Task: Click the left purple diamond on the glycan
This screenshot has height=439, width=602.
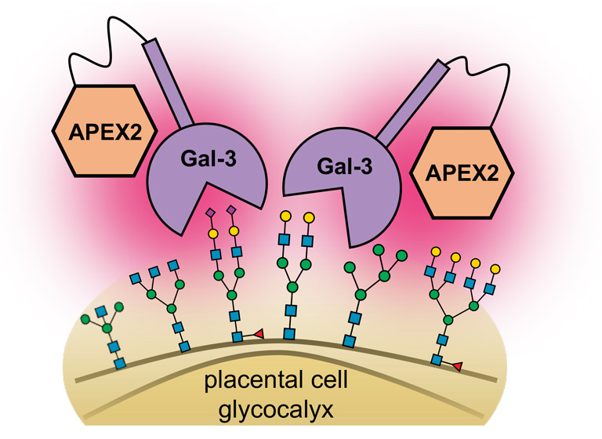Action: [210, 212]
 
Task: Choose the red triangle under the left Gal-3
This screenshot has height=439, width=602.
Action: [259, 335]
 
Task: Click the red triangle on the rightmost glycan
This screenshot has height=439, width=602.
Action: [459, 365]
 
